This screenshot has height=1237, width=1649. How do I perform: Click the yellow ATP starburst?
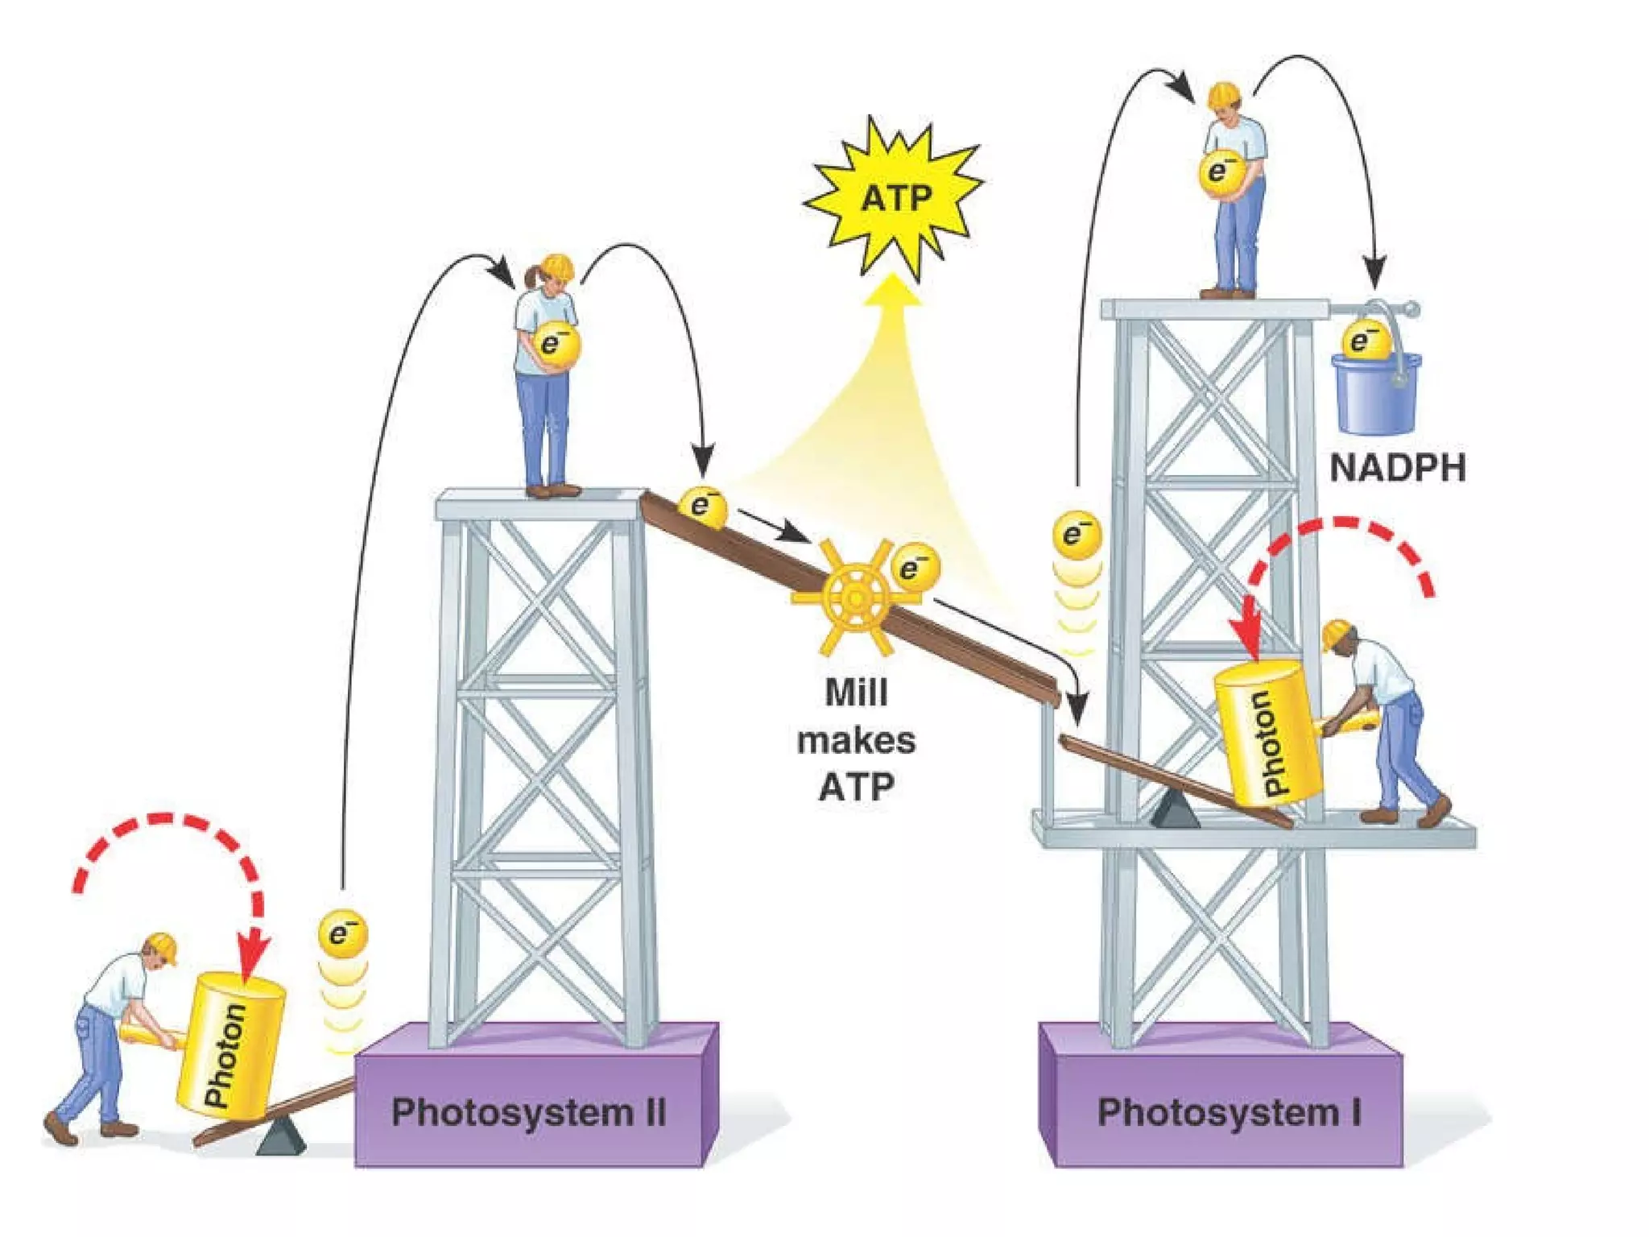895,197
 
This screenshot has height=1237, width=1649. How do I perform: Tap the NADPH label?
1397,468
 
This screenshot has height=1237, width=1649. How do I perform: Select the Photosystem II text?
528,1112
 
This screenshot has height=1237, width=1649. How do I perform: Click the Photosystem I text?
1229,1112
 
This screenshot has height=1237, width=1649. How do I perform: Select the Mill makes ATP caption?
856,739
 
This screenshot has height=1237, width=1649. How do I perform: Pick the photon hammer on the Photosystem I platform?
1269,733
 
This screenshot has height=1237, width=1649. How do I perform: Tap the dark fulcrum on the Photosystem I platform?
1176,810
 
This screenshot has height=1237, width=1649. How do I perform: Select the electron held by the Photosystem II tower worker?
555,345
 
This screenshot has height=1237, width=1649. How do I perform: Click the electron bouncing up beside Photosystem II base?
343,935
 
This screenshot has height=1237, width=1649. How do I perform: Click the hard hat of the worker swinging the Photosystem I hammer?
1336,634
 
